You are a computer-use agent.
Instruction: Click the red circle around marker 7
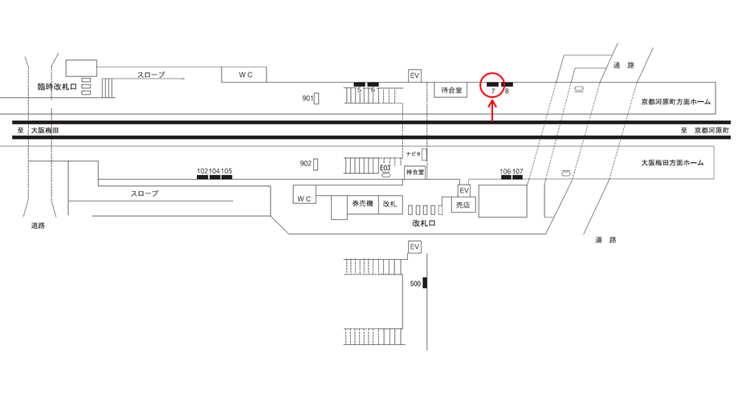(491, 74)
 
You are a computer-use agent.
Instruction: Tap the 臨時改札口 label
(57, 87)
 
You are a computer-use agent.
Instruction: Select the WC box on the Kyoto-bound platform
(244, 75)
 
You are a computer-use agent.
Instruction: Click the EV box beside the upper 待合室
(414, 75)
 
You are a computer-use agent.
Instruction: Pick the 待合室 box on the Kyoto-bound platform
(451, 90)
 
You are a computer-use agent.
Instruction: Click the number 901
(308, 98)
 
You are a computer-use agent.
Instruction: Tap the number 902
(306, 164)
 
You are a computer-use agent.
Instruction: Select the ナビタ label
(414, 154)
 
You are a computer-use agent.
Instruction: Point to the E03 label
(385, 168)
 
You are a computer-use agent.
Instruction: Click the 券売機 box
(363, 205)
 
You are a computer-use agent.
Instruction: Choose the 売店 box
(463, 205)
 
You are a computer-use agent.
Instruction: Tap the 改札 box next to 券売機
(390, 205)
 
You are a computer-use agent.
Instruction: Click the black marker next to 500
(425, 283)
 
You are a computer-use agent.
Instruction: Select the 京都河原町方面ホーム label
(676, 102)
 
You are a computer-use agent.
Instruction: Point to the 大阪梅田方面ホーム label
(673, 163)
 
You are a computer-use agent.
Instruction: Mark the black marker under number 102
(202, 177)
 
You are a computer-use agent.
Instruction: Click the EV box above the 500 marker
(414, 247)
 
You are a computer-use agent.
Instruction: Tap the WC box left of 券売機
(304, 194)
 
